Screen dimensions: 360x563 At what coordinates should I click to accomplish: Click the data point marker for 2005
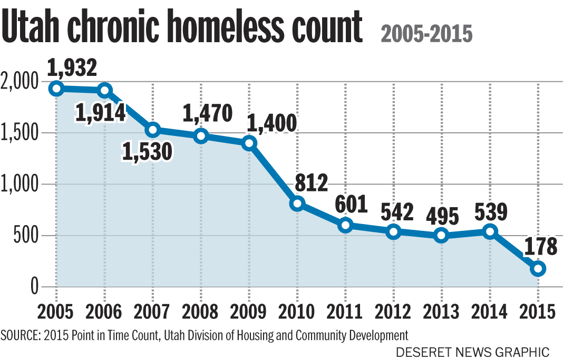pos(56,89)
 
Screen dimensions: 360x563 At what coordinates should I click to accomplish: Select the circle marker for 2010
pos(297,203)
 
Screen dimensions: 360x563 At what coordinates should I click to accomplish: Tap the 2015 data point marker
pos(538,268)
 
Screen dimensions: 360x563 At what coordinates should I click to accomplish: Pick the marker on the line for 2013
pos(442,236)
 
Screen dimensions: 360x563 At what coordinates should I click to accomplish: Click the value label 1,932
pos(72,67)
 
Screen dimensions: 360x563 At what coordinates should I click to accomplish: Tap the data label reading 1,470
pos(207,113)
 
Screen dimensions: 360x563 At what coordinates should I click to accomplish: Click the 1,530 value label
pos(147,152)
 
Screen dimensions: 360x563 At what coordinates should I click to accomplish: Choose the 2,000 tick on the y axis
pos(20,83)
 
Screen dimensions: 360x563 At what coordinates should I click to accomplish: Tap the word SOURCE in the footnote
pos(22,335)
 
